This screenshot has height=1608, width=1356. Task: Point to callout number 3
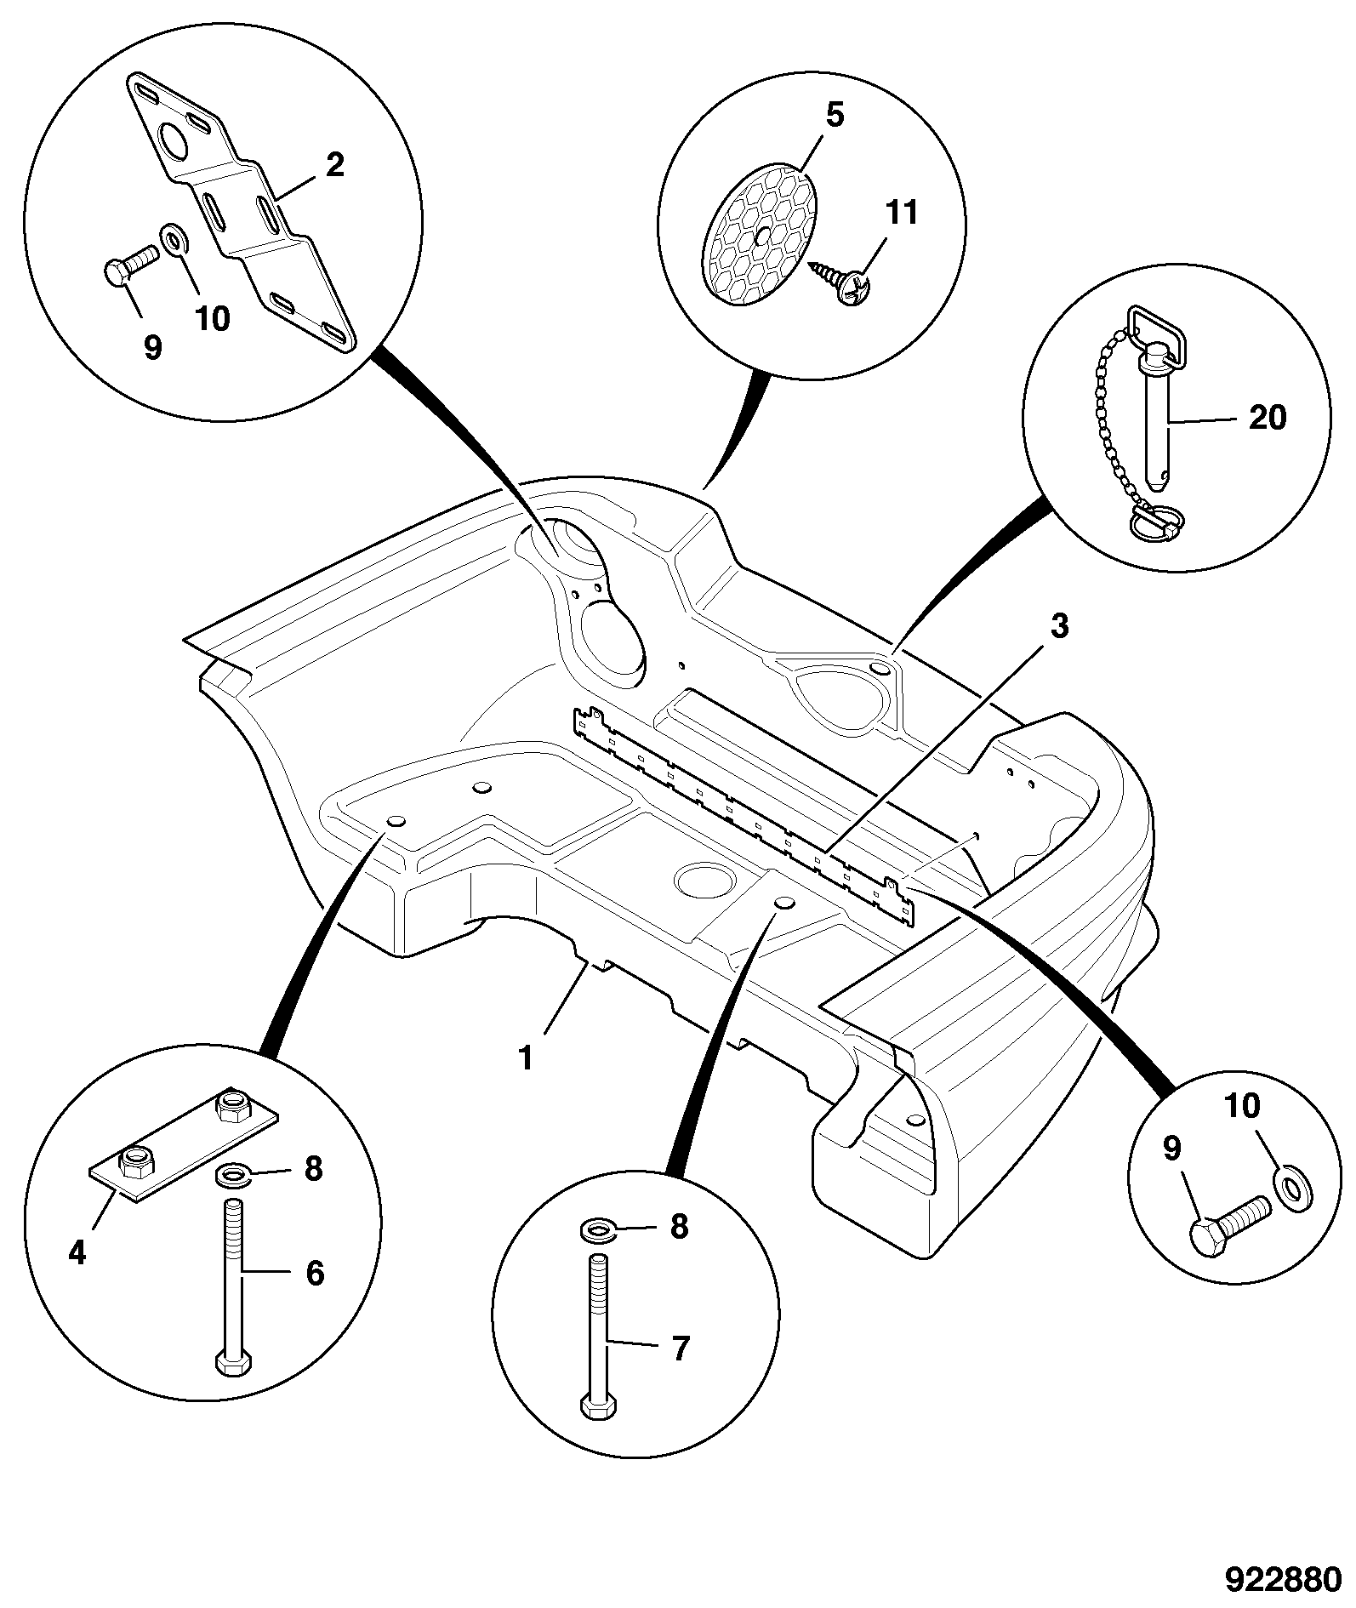point(1058,626)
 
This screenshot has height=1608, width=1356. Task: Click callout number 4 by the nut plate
point(77,1252)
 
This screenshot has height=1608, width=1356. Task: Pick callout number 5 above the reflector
point(835,115)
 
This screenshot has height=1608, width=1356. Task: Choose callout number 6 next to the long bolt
point(315,1274)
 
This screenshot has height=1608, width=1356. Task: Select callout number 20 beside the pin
point(1268,418)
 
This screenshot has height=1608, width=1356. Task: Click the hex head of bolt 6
point(233,1363)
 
